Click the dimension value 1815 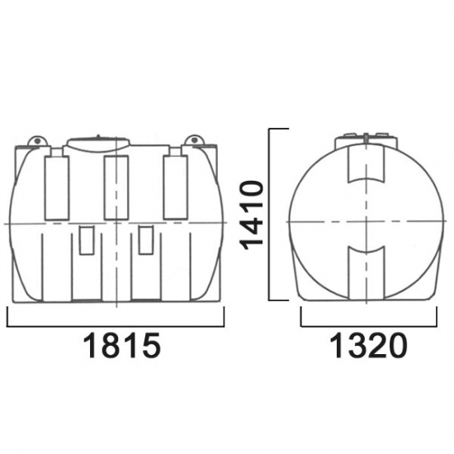tap(121, 345)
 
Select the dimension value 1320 tap(368, 345)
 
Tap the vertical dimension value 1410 tap(252, 215)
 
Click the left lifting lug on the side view tap(37, 140)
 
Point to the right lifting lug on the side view tap(195, 140)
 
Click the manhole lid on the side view tap(98, 143)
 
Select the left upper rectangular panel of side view tap(57, 188)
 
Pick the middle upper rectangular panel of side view tap(116, 187)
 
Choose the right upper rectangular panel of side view tap(176, 187)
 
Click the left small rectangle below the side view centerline tap(87, 240)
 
